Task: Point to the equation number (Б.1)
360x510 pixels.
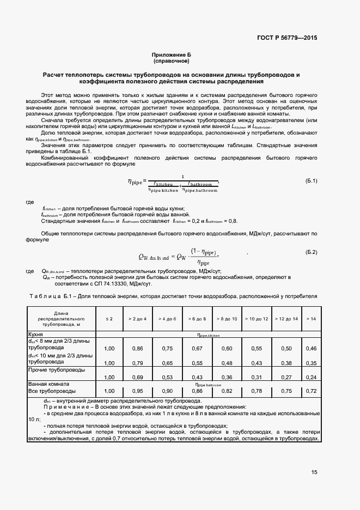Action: [x=312, y=180]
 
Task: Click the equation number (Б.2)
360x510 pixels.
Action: [x=312, y=252]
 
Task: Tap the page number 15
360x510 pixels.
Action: [x=315, y=472]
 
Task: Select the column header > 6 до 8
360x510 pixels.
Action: [x=197, y=318]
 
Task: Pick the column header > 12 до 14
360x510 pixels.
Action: [x=286, y=318]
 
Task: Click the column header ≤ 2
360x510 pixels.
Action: [x=109, y=318]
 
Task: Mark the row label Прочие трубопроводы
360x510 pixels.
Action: [x=57, y=370]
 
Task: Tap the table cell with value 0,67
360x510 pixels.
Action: [x=197, y=348]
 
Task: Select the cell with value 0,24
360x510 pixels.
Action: [x=312, y=377]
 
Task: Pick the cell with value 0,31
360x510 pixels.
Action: [x=256, y=377]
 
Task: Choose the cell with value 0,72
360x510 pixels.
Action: [x=312, y=391]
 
